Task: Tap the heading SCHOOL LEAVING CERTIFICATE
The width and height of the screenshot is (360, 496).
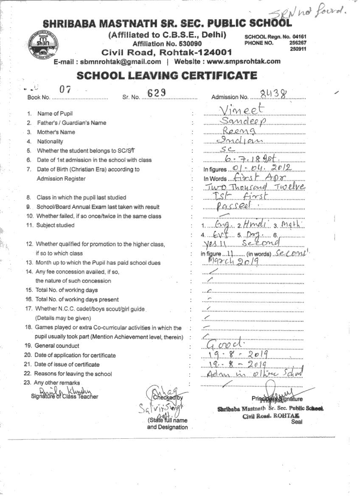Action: point(166,76)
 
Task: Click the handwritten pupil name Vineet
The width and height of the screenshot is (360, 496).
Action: point(242,110)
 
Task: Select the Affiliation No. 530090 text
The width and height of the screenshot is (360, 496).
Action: point(167,44)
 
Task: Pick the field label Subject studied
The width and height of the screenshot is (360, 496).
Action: point(55,225)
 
